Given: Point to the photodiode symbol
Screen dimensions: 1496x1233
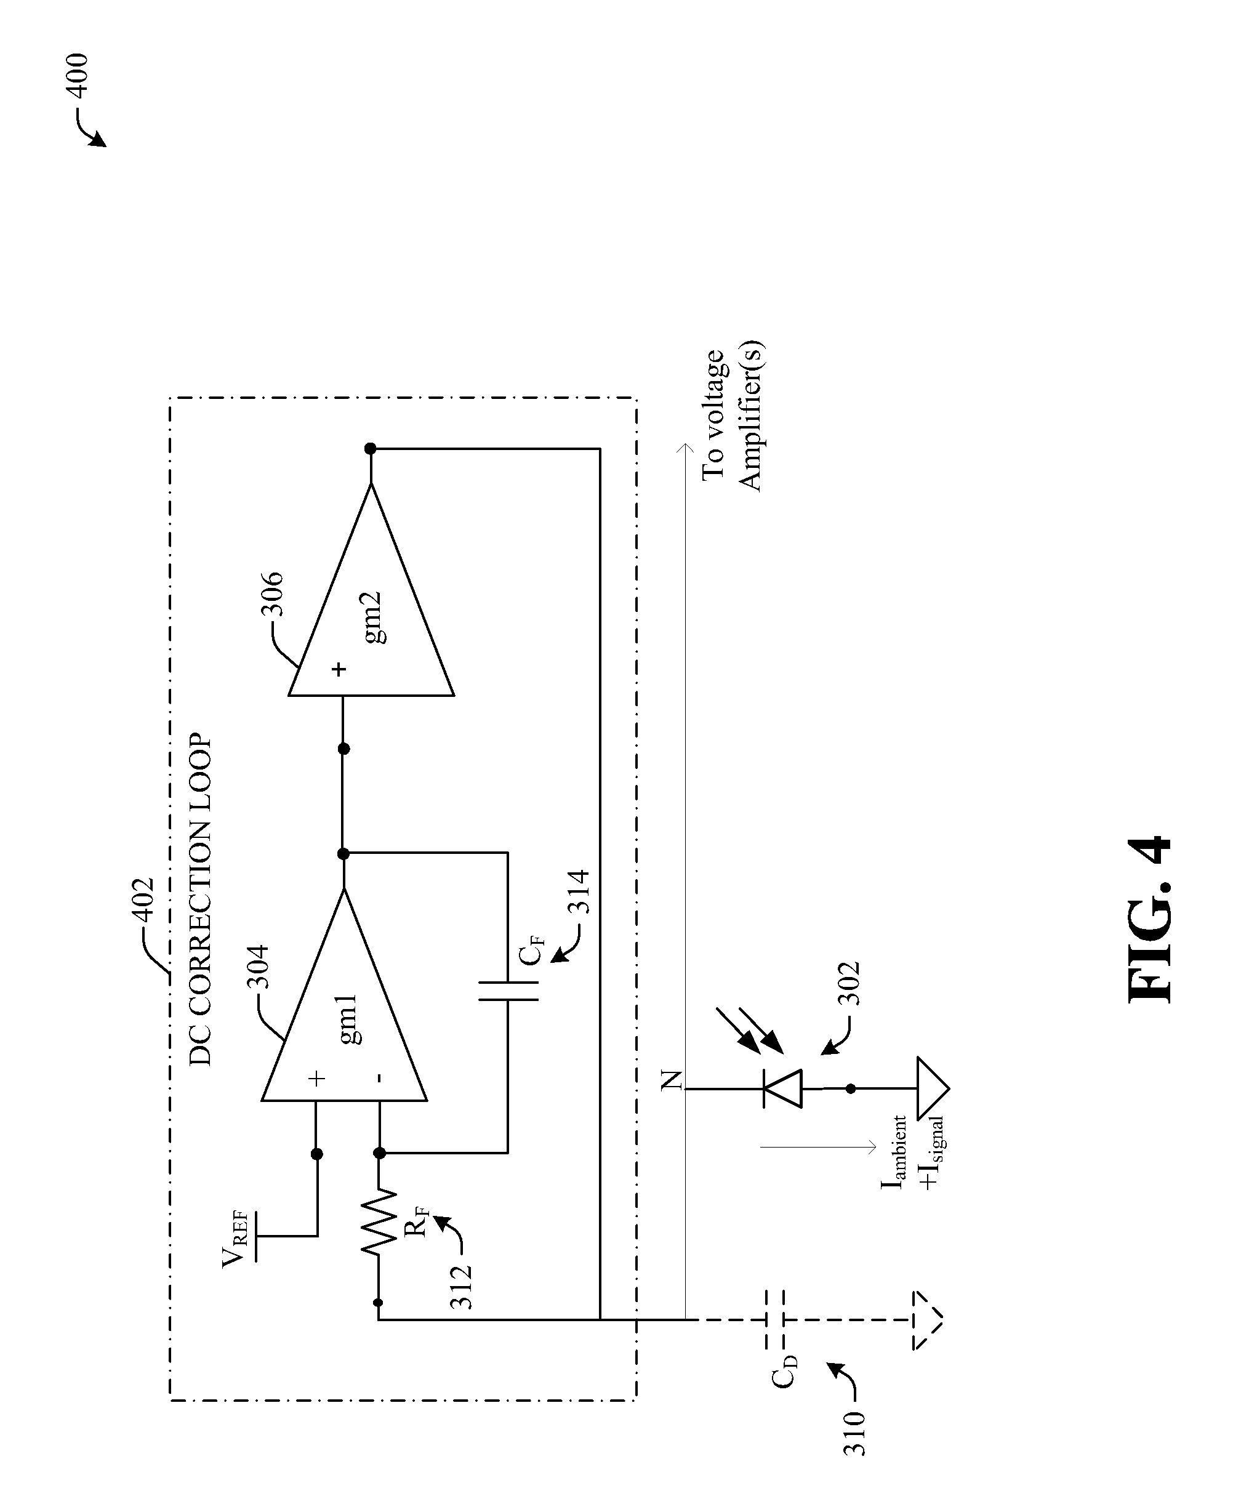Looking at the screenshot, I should pos(781,1088).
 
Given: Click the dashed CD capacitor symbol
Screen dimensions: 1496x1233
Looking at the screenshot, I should pos(774,1320).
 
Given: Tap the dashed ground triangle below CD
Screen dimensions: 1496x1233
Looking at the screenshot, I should pos(928,1320).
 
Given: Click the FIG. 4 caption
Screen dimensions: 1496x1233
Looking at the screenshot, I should pos(1149,920).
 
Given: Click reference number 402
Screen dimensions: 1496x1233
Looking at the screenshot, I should pos(143,901).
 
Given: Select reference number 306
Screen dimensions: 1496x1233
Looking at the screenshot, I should pos(272,594).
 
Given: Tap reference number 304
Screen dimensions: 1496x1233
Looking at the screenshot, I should pos(257,966).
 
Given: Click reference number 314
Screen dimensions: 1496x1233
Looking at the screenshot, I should pos(579,891).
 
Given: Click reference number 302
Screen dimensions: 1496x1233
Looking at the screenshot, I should pos(849,983).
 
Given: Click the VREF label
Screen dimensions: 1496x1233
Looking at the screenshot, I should pos(236,1239).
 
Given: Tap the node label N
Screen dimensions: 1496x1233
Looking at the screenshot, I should pos(671,1080).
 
